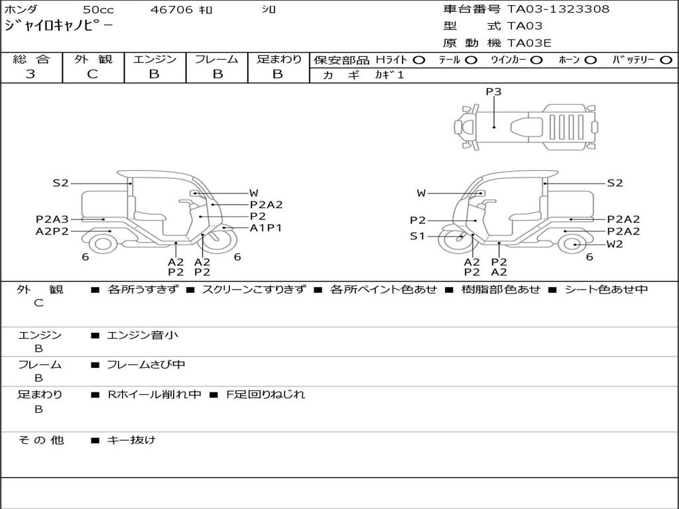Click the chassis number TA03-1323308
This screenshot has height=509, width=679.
(x=558, y=9)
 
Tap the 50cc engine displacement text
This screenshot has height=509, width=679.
(x=98, y=9)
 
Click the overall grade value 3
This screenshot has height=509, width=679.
(x=31, y=74)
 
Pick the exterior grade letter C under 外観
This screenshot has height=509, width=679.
(x=92, y=74)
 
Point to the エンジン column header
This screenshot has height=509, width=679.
(x=154, y=59)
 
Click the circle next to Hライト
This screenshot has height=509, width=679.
(x=419, y=60)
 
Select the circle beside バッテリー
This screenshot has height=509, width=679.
(x=666, y=60)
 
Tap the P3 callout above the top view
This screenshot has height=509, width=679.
(x=493, y=91)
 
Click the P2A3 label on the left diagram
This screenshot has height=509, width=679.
(x=52, y=219)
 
